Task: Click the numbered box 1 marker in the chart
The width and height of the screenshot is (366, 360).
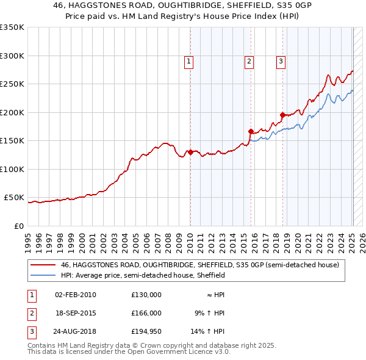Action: pyautogui.click(x=189, y=61)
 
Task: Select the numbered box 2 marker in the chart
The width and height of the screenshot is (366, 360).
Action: pyautogui.click(x=249, y=61)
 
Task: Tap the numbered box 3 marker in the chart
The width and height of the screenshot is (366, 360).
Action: pyautogui.click(x=281, y=61)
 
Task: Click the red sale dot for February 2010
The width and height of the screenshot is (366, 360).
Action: pyautogui.click(x=190, y=153)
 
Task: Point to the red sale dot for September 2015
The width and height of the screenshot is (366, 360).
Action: pyautogui.click(x=251, y=131)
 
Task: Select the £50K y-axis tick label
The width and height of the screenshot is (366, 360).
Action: pyautogui.click(x=14, y=198)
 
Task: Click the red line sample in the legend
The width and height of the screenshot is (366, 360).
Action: pyautogui.click(x=43, y=265)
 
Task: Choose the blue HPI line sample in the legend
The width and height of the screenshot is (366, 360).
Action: pyautogui.click(x=43, y=275)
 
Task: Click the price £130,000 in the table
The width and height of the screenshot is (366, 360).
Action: pyautogui.click(x=146, y=295)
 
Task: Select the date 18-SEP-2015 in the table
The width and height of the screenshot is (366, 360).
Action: pyautogui.click(x=76, y=313)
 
